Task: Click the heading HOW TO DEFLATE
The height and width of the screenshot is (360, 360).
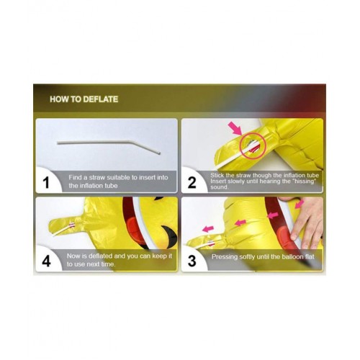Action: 84,99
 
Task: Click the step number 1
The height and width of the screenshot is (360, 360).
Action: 47,183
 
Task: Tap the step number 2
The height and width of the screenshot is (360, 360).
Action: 192,183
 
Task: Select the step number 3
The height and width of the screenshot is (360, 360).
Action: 192,261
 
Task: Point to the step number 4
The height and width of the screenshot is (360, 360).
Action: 46,261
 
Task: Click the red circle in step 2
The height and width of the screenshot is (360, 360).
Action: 253,145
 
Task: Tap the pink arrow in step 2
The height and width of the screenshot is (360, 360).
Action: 235,128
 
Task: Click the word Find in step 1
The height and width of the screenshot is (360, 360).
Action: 74,178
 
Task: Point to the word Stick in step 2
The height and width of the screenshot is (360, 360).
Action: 217,176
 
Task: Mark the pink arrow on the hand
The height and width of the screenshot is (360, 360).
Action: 300,204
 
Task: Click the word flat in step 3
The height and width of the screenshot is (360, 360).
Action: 310,257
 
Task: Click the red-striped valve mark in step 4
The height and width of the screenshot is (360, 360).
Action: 72,225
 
